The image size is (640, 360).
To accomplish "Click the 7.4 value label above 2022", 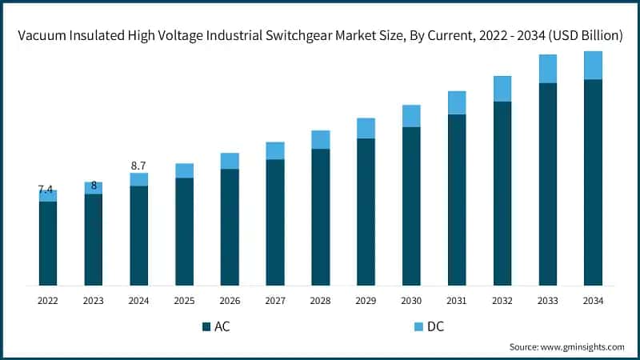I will (x=46, y=190).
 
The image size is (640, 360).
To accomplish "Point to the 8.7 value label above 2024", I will (x=138, y=166).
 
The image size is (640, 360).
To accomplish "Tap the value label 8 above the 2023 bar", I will (x=94, y=186).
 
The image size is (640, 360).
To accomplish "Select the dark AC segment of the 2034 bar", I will (x=593, y=182).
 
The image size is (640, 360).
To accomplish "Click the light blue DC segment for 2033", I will (x=547, y=69).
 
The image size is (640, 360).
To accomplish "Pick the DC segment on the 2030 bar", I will (x=411, y=116).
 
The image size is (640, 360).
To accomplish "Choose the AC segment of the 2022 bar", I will (x=48, y=243).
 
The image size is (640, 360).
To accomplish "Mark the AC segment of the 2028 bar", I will (x=320, y=217).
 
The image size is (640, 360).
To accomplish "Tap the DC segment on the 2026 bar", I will (x=230, y=161).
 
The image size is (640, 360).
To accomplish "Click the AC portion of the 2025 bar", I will (x=184, y=231).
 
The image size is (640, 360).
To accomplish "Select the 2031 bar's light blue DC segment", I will (x=457, y=102).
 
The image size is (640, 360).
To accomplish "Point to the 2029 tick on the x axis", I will (x=366, y=300).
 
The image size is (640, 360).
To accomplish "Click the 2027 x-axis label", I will (x=275, y=300).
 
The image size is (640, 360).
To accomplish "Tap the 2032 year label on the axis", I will (x=502, y=300).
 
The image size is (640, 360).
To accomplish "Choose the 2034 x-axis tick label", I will (x=593, y=300).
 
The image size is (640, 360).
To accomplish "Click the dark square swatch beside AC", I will (x=206, y=326).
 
